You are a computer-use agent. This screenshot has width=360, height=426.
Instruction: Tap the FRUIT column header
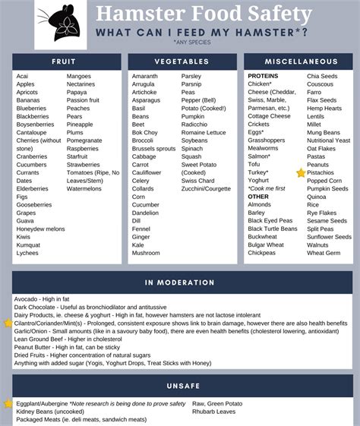coord(63,61)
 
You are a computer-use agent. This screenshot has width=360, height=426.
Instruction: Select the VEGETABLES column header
coord(182,61)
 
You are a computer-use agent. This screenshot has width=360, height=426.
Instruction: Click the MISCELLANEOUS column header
coord(301,61)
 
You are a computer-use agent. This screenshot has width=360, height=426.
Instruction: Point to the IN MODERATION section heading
coord(180,282)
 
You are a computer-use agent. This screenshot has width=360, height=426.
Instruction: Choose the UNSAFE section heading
coord(180,386)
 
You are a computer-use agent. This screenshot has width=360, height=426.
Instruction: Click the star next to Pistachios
coord(301,173)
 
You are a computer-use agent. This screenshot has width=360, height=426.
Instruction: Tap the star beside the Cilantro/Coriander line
coord(8,323)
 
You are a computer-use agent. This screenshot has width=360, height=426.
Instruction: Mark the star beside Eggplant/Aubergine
coord(8,403)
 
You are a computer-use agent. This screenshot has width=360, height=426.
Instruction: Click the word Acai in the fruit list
coord(23,77)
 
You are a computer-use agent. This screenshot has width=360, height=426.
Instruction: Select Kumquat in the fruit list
coord(29,245)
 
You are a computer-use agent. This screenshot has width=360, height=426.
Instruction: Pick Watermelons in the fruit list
coord(84,188)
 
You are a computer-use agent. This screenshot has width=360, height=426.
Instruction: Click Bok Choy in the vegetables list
coord(145,132)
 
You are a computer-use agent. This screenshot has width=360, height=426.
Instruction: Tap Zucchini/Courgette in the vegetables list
coord(206,188)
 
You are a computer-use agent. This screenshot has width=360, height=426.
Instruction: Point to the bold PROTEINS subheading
coord(263,77)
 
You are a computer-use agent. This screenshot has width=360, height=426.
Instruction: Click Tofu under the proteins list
coord(254,164)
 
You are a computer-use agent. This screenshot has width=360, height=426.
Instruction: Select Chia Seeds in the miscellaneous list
coord(322,77)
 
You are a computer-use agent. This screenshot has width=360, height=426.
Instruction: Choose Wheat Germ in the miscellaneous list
coord(324,253)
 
